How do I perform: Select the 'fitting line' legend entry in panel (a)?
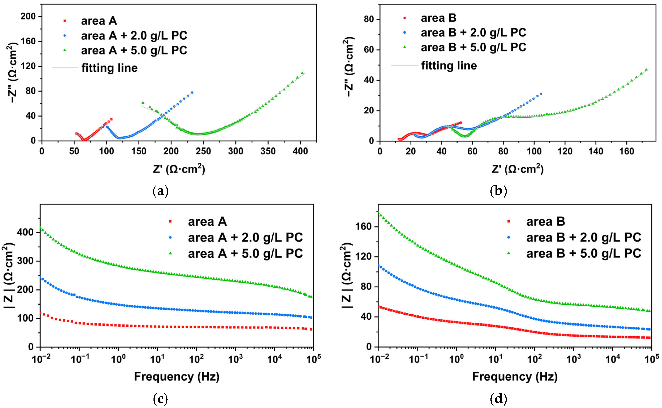[x=109, y=68]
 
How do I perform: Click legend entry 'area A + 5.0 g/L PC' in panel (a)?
[x=134, y=51]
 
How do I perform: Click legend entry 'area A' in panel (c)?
[x=207, y=222]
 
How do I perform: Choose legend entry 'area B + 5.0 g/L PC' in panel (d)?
[x=583, y=253]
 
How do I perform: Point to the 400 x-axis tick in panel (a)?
[x=300, y=151]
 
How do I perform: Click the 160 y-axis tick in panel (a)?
[x=28, y=41]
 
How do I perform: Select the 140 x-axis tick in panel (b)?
[x=596, y=151]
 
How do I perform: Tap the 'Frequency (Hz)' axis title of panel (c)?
[x=177, y=376]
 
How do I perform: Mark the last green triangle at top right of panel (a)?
[x=302, y=73]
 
